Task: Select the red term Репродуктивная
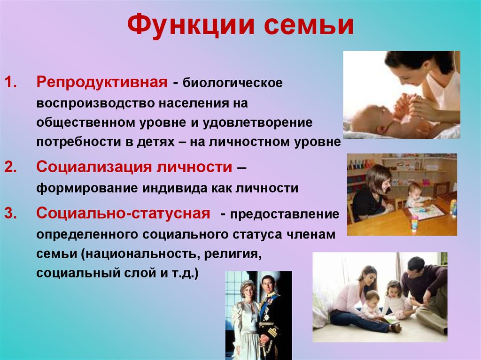(102, 83)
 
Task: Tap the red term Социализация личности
(134, 167)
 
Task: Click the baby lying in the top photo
(371, 117)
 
